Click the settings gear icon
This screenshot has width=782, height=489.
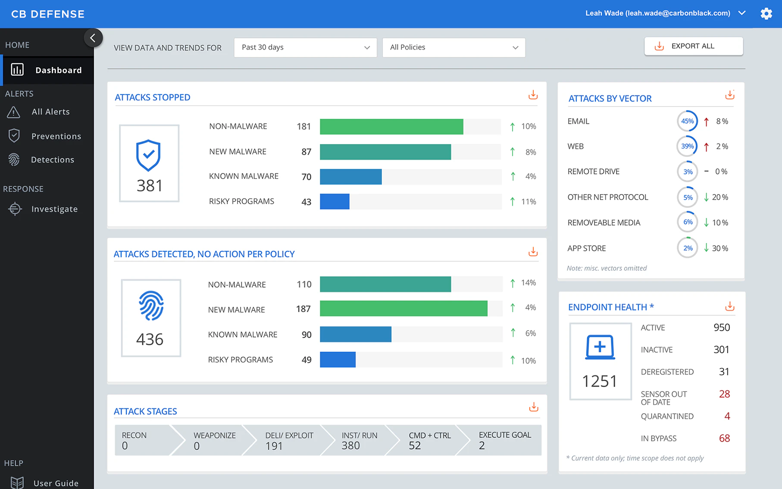tap(766, 14)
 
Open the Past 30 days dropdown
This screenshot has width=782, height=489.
tap(305, 47)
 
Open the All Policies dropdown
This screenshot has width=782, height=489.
tap(454, 47)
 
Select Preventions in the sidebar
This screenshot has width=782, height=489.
tap(56, 136)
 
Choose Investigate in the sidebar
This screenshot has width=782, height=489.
tap(54, 209)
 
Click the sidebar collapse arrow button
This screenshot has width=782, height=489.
tap(93, 38)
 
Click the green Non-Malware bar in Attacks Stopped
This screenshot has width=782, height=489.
tap(391, 127)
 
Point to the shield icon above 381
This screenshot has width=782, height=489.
tap(148, 155)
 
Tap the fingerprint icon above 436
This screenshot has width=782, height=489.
tap(151, 306)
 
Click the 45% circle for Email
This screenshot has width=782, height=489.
tap(687, 121)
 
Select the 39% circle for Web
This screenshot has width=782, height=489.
tap(687, 146)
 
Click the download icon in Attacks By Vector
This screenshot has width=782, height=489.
tap(729, 95)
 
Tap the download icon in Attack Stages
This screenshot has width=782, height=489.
tap(533, 407)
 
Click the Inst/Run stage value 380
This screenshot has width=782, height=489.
tap(350, 445)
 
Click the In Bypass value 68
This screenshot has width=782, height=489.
tap(724, 439)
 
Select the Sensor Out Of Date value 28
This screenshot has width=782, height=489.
tap(724, 394)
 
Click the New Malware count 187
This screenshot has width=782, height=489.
tap(303, 309)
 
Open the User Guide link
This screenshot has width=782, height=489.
tap(56, 483)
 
